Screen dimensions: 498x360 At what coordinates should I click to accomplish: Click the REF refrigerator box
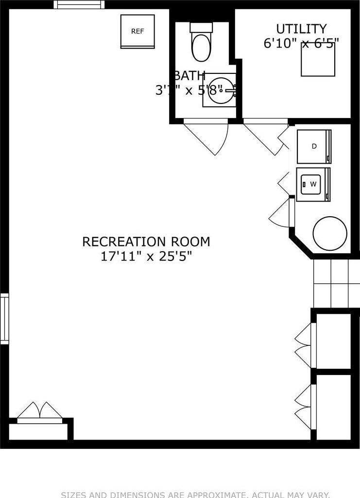click(137, 32)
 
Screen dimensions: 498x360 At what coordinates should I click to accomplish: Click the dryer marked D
click(314, 146)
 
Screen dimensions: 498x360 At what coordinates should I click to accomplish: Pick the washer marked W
click(313, 184)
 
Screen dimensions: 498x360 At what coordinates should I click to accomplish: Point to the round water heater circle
click(330, 233)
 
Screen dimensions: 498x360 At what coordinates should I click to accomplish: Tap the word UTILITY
click(301, 29)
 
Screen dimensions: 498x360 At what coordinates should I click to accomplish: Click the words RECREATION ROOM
click(146, 241)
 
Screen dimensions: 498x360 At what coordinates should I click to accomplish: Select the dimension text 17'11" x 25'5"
click(146, 256)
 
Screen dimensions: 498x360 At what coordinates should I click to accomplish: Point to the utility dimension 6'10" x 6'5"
click(301, 43)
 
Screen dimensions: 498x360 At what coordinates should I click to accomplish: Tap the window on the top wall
click(79, 4)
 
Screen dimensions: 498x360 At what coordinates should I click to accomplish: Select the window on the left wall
click(4, 319)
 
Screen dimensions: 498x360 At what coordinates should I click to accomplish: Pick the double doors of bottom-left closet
click(40, 412)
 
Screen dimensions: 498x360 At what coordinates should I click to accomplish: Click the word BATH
click(189, 76)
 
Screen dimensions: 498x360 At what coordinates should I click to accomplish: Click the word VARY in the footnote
click(319, 495)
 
